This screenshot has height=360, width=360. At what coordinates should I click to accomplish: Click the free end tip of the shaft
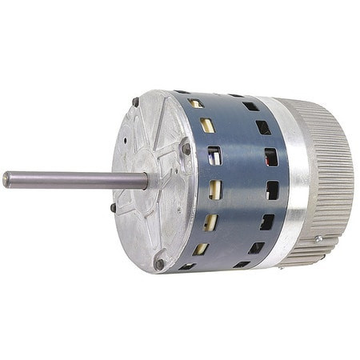(x=6, y=179)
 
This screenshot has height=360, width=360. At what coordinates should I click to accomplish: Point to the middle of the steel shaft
(x=76, y=180)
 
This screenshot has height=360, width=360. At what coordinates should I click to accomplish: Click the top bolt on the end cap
(x=136, y=102)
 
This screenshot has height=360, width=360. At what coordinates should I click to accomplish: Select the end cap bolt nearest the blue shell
(x=186, y=148)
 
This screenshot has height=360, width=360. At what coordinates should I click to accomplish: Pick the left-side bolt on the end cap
(x=113, y=207)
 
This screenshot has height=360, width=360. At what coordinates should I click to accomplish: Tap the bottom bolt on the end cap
(x=160, y=262)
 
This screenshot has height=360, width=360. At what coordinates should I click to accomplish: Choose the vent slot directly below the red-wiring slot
(x=215, y=189)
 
